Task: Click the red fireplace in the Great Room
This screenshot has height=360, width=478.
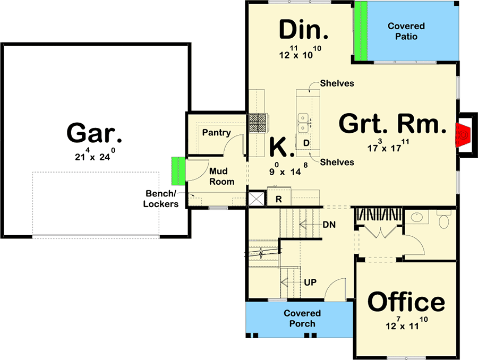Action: [463, 135]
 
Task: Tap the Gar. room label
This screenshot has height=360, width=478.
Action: [94, 133]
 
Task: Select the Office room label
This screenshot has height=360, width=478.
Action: [406, 302]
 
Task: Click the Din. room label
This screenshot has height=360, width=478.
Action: [304, 30]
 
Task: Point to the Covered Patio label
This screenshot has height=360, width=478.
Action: [406, 31]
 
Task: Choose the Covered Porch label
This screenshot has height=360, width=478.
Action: [302, 318]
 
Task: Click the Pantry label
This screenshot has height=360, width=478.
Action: [217, 133]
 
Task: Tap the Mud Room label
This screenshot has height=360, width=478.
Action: [221, 176]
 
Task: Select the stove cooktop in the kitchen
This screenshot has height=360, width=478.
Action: [259, 123]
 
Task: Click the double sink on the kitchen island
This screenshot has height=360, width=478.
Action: [303, 123]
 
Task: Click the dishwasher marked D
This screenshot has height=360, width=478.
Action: [306, 143]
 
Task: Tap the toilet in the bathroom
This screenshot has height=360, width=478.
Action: [444, 219]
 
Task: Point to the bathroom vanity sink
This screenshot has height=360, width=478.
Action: [417, 217]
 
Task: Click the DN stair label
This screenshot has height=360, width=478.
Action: [329, 225]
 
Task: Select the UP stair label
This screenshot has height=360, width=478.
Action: [310, 282]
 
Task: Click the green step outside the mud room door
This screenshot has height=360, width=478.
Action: [178, 171]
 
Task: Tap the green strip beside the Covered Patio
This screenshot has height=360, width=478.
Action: [361, 31]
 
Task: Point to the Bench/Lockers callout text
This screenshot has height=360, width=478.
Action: [160, 199]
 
